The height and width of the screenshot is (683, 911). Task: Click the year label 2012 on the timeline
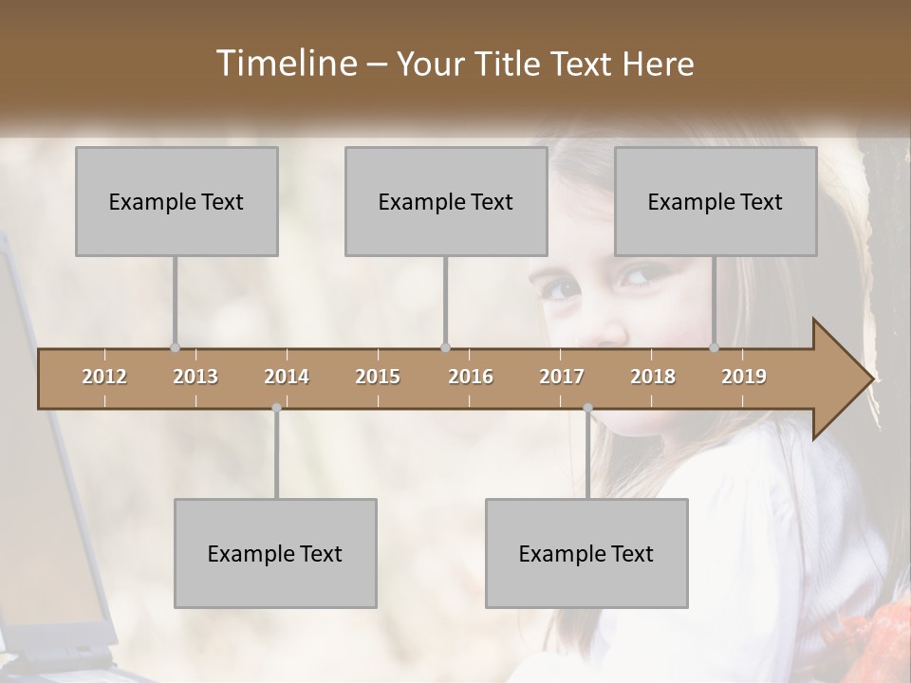104,377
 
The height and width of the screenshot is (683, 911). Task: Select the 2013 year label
195,377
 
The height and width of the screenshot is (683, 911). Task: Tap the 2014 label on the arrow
287,377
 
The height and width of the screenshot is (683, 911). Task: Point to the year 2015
378,377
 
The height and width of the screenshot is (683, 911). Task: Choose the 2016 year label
471,377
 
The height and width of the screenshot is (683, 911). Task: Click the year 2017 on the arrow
562,377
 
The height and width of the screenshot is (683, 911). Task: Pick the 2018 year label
653,377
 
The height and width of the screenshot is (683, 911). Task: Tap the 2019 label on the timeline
744,377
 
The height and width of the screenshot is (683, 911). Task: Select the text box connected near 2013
177,201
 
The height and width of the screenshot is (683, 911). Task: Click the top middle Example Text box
446,201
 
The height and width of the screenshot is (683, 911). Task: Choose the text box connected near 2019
716,201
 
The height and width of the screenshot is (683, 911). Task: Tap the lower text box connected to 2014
275,553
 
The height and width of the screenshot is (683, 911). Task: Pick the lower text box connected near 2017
586,553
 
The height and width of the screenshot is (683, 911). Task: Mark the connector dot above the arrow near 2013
175,347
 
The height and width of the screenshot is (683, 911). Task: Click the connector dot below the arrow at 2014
276,408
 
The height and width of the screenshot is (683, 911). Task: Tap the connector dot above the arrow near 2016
445,347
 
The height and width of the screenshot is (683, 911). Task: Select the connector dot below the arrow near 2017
587,408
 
